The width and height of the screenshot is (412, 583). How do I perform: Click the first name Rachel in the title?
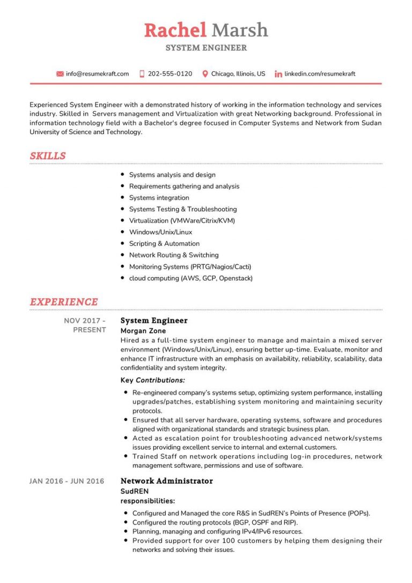[x=175, y=30]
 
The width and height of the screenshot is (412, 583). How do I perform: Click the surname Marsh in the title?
[x=239, y=30]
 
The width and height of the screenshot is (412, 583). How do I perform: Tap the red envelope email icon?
[x=60, y=74]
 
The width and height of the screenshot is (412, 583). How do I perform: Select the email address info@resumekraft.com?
[x=97, y=74]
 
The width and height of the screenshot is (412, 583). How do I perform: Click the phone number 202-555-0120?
[x=170, y=74]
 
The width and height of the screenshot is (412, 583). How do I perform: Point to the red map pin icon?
[x=205, y=74]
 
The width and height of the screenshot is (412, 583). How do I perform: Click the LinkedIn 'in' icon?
[x=278, y=74]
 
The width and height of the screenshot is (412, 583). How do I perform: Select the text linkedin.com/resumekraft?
[x=320, y=74]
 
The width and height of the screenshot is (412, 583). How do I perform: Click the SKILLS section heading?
[x=48, y=156]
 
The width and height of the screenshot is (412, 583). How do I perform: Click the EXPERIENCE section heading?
[x=64, y=302]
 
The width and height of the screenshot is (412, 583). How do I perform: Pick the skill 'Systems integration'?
[x=159, y=198]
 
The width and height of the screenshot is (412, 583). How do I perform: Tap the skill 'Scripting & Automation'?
[x=164, y=243]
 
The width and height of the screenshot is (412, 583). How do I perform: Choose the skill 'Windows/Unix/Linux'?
[x=160, y=232]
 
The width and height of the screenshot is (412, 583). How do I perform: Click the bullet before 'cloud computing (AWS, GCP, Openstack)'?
[x=123, y=278]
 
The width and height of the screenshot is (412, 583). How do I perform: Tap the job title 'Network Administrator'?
[x=166, y=481]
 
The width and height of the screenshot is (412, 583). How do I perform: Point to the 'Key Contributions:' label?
[x=153, y=380]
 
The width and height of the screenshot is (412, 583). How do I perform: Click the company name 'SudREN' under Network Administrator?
[x=134, y=491]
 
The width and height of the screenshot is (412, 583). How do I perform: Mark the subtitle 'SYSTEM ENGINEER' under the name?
[x=206, y=48]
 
